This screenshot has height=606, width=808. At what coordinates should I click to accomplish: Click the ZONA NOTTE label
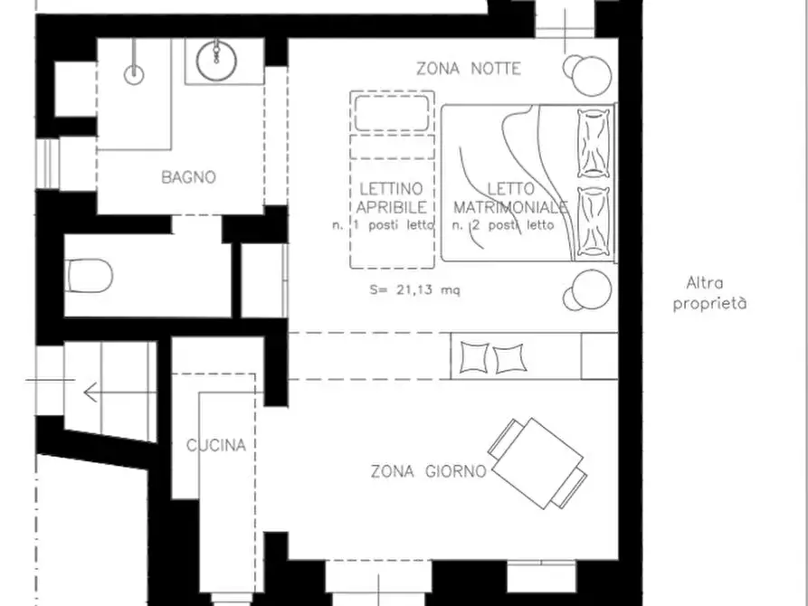click(469, 69)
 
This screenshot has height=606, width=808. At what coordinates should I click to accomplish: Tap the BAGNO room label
click(188, 177)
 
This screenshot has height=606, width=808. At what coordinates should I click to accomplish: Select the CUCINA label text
click(216, 445)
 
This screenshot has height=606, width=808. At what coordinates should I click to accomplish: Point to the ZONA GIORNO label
click(429, 471)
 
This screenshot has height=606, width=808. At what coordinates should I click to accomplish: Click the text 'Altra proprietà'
click(709, 293)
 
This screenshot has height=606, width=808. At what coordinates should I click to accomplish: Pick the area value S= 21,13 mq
click(414, 289)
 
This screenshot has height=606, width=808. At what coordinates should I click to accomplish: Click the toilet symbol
click(90, 275)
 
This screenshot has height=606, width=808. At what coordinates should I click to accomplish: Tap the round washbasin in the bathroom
click(216, 62)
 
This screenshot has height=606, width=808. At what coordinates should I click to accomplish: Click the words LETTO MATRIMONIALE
click(510, 198)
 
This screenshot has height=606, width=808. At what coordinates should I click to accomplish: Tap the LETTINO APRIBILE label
click(392, 198)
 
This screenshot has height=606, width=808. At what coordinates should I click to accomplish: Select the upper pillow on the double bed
click(594, 143)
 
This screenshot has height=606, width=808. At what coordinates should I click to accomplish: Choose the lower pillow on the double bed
click(594, 222)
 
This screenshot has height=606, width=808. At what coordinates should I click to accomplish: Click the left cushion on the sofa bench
click(473, 357)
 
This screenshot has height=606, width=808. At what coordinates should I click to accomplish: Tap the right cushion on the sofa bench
click(510, 359)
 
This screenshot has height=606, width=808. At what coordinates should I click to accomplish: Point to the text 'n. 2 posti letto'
click(503, 225)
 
